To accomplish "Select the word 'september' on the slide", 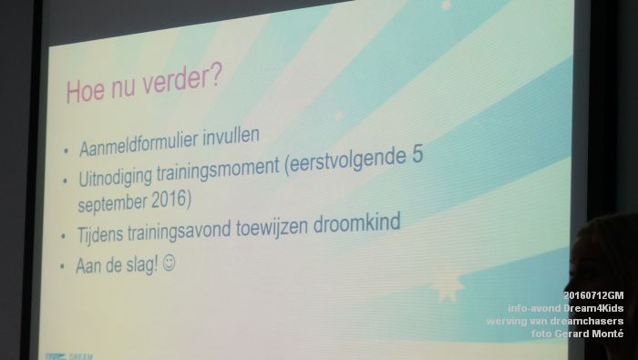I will tap(109, 202).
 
